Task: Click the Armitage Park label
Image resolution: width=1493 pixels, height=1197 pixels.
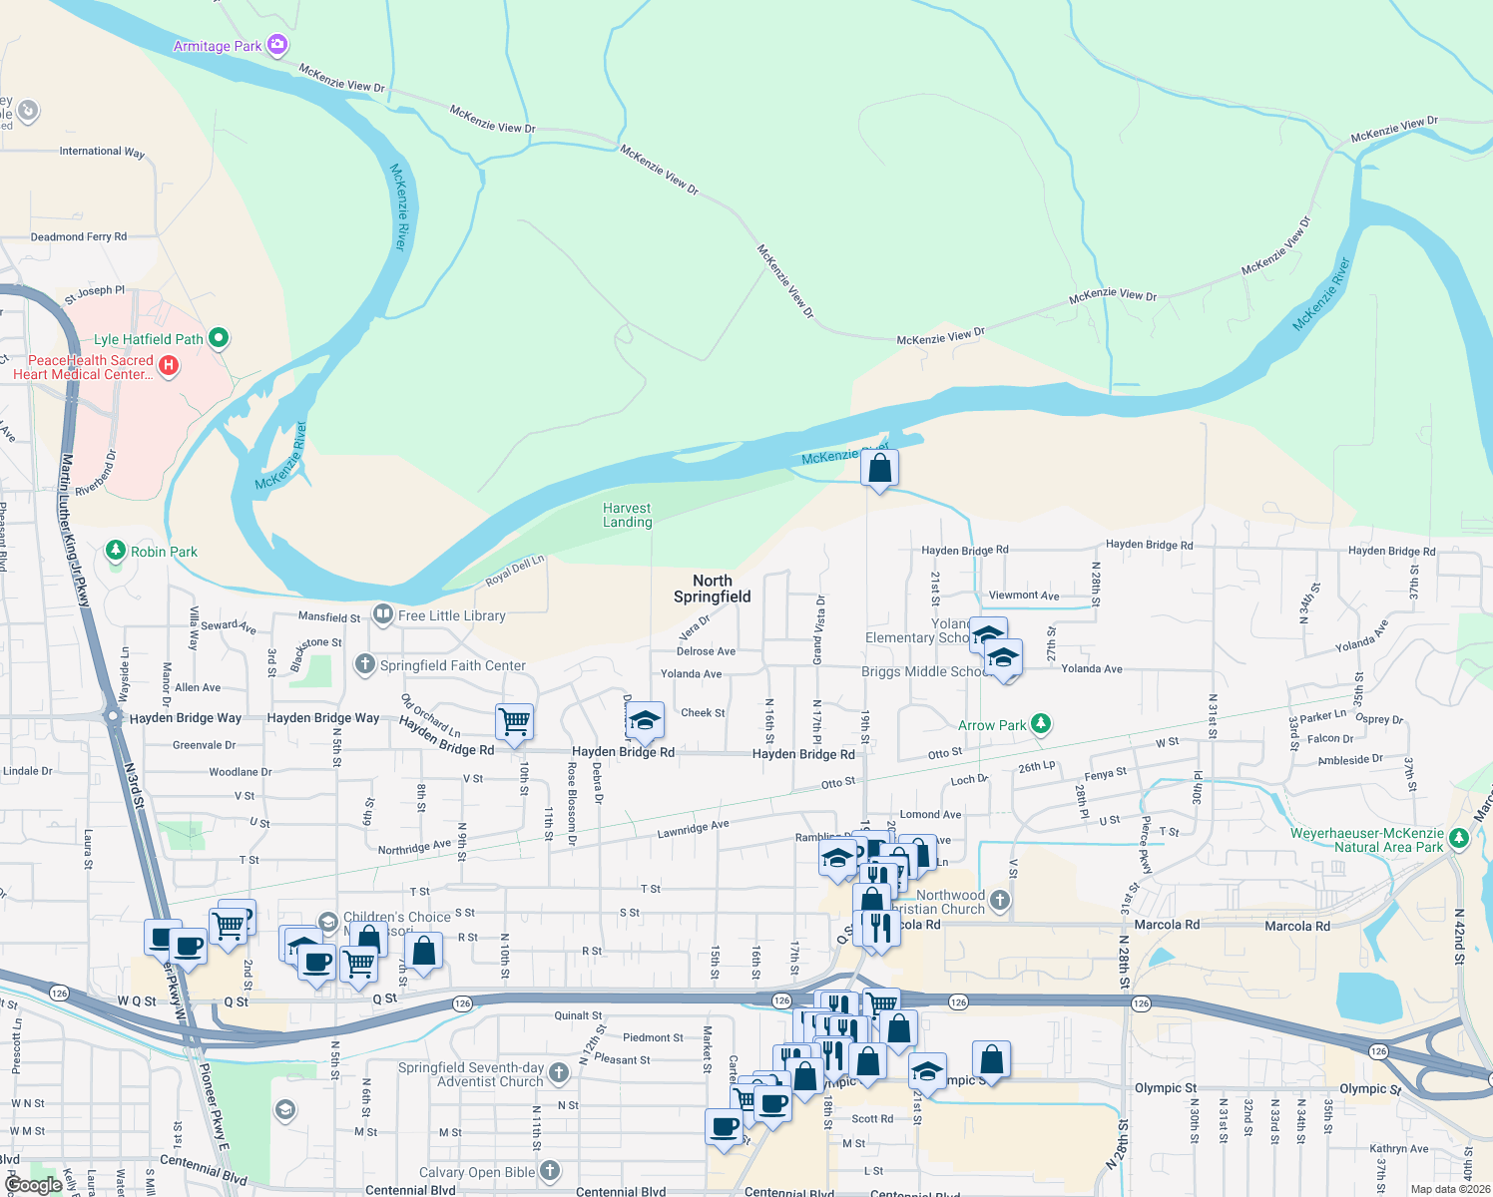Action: tap(218, 46)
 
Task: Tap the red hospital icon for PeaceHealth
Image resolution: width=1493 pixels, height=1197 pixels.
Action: tap(169, 366)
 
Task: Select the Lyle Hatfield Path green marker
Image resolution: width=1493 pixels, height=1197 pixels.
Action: tap(219, 339)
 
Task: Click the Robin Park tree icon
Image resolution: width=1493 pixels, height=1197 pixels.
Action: tap(116, 551)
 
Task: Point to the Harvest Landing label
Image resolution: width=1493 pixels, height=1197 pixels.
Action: tap(627, 515)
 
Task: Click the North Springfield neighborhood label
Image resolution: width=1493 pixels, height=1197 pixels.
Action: tap(713, 589)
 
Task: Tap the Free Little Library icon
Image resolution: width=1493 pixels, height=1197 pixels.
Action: tap(382, 614)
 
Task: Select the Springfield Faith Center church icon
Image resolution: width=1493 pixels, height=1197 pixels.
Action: tap(365, 664)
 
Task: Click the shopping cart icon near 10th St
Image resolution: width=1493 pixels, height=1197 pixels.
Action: tap(514, 720)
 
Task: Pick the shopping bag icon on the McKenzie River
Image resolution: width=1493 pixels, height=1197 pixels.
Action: tap(879, 467)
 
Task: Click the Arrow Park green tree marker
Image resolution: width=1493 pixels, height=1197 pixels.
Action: tap(1041, 724)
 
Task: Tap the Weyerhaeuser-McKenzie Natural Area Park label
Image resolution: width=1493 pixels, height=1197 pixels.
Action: tap(1367, 840)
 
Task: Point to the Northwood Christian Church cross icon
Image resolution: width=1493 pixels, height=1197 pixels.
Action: tap(1000, 901)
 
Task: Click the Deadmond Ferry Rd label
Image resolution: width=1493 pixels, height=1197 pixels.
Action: tap(79, 237)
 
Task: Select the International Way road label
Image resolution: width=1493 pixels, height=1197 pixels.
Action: tap(102, 152)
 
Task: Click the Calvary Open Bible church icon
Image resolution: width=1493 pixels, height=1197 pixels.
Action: tap(550, 1172)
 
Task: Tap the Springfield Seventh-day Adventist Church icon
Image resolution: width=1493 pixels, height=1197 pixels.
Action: tap(559, 1073)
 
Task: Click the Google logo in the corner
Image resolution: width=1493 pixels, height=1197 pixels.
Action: tap(33, 1185)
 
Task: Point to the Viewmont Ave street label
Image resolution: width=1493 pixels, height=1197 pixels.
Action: tap(1024, 596)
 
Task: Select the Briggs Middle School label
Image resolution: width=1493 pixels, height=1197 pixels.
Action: tap(924, 671)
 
